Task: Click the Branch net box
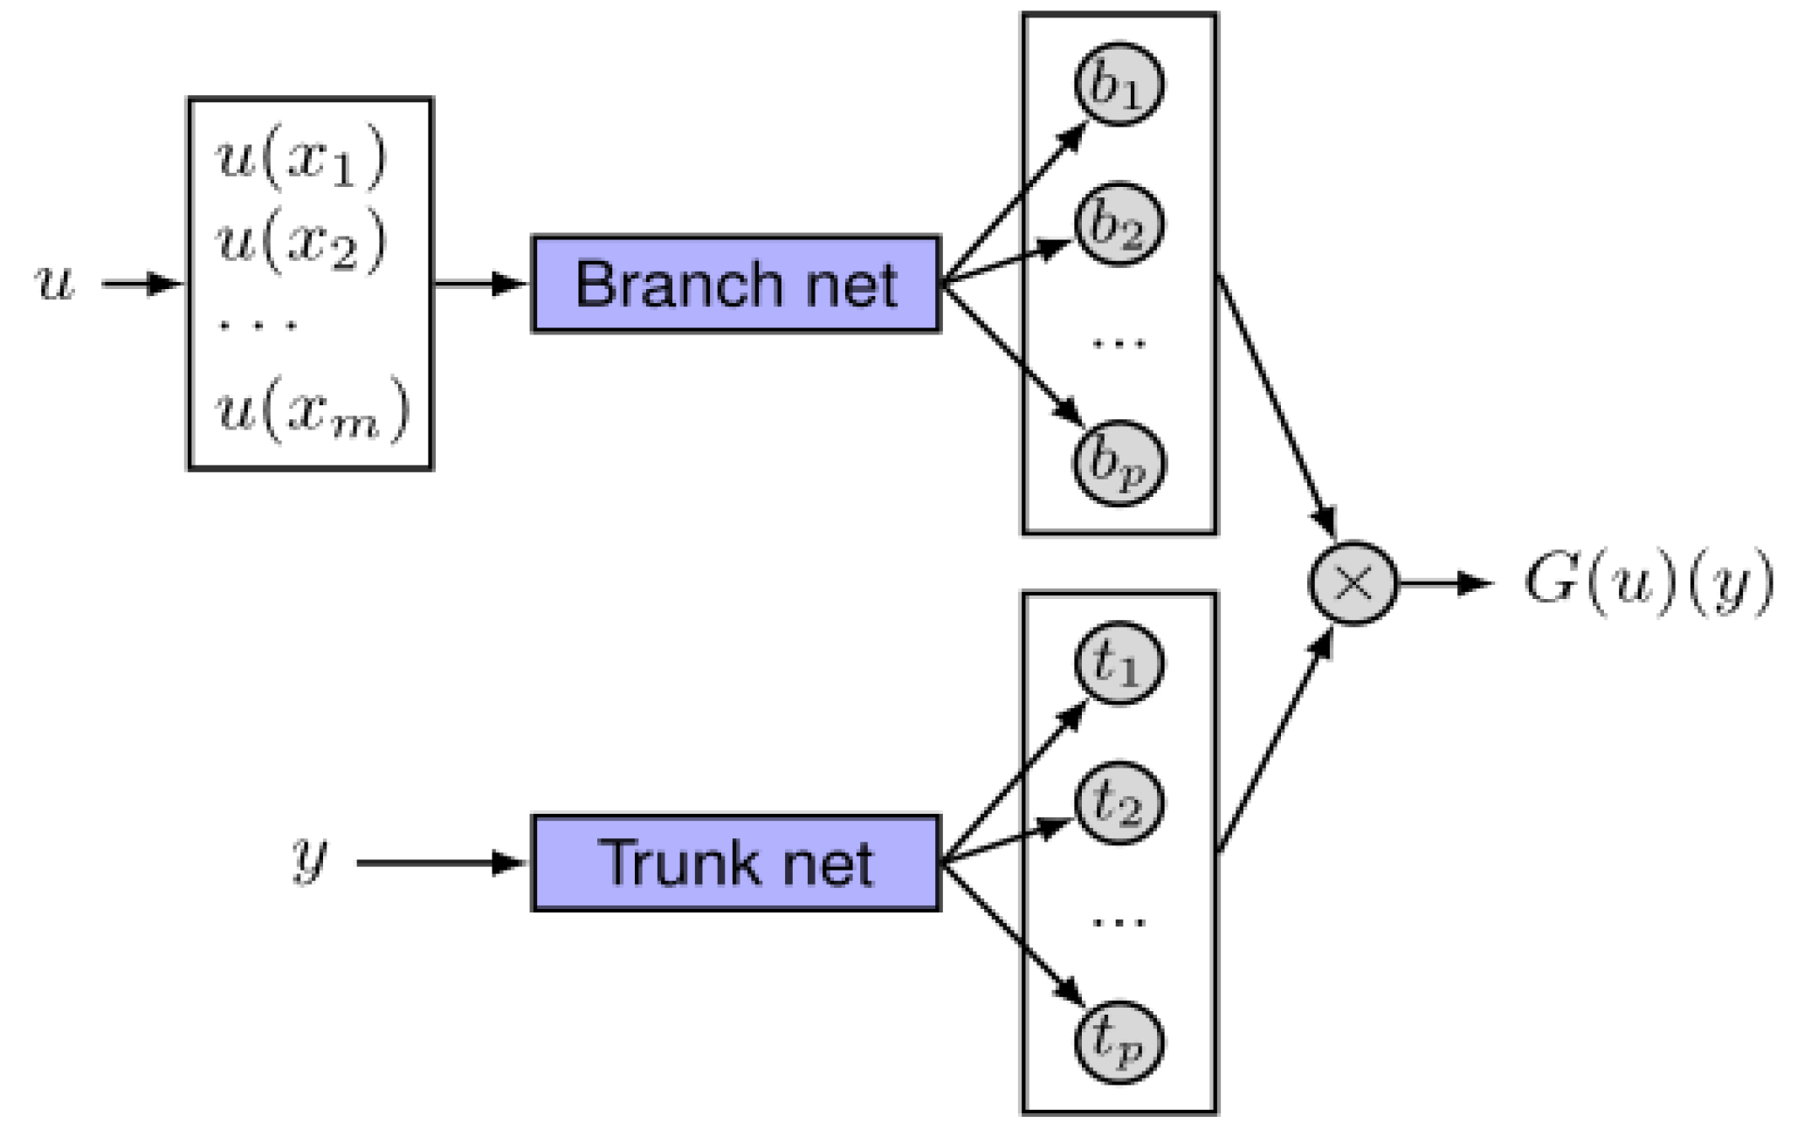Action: [735, 284]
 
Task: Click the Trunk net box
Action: [735, 863]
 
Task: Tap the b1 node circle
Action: [1119, 84]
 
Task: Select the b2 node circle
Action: [1119, 224]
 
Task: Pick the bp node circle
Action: [1119, 463]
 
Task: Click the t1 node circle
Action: [1119, 664]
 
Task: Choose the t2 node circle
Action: [1119, 803]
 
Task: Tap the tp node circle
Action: [1119, 1042]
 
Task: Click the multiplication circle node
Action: [1353, 582]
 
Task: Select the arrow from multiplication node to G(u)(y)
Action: [1445, 582]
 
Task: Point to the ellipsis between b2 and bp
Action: [1119, 343]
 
